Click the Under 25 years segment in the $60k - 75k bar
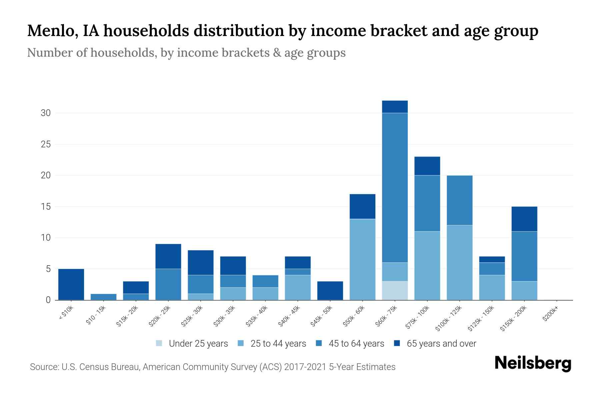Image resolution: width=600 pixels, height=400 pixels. pos(395,290)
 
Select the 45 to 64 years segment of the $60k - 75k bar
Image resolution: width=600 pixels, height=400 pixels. pos(395,188)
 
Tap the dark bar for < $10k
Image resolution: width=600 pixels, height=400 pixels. pos(71,284)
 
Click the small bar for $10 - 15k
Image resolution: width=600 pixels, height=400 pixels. pos(103,297)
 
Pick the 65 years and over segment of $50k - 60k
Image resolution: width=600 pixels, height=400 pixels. pos(362,206)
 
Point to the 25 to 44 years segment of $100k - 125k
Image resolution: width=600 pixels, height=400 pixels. pos(459,262)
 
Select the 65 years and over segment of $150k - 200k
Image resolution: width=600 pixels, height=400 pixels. pos(524,219)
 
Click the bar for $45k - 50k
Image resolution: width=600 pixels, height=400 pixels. pos(330,291)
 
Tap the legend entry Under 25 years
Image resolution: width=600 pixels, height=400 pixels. pos(198,344)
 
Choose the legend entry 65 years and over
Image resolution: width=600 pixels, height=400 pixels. pos(441,344)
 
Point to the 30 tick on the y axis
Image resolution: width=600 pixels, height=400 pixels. pos(46,113)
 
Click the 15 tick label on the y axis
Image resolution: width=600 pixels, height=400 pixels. pos(46,207)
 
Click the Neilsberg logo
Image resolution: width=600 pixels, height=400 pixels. pos(533,363)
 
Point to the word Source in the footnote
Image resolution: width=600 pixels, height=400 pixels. pos(44,367)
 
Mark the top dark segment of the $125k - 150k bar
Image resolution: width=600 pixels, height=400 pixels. pos(492,259)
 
